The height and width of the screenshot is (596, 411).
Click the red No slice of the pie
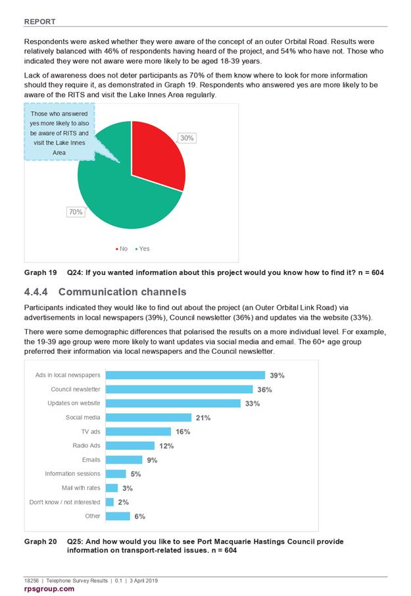point(156,154)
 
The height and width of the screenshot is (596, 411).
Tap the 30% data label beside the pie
point(187,138)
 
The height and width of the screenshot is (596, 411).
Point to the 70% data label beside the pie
point(76,212)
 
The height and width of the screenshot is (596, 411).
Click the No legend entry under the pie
point(122,249)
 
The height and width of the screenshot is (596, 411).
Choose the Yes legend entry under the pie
point(143,249)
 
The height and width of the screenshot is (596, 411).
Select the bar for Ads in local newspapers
point(185,375)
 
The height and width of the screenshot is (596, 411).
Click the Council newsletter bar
point(180,389)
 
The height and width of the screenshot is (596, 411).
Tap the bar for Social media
point(149,417)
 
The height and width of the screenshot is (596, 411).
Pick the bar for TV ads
point(138,432)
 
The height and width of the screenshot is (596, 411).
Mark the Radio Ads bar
point(130,445)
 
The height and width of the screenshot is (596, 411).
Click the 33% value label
point(253,403)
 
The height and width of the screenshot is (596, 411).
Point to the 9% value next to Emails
point(152,460)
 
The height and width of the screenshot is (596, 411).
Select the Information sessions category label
point(72,474)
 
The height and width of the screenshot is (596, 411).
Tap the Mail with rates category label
point(81,487)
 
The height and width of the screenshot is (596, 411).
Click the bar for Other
point(118,516)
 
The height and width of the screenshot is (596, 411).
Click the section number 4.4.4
point(36,292)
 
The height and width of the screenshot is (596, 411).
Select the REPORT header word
point(40,22)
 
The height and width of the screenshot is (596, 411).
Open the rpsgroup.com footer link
point(49,589)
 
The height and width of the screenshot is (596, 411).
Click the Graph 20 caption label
point(41,541)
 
